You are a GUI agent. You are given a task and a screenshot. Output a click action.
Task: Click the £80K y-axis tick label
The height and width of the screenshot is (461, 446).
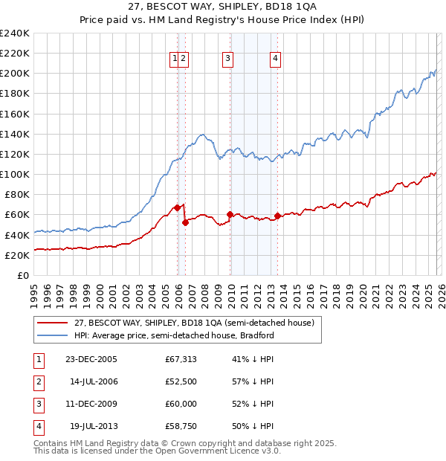click(17, 194)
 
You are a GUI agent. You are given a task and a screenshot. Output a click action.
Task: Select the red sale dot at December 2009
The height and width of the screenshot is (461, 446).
click(230, 214)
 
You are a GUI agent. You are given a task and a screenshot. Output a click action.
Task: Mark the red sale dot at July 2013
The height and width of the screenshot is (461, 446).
click(277, 216)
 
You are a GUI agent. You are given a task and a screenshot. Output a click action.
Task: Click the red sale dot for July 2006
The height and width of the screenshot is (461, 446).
click(185, 222)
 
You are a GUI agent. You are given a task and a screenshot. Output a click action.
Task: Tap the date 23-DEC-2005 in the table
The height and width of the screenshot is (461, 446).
click(91, 359)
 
